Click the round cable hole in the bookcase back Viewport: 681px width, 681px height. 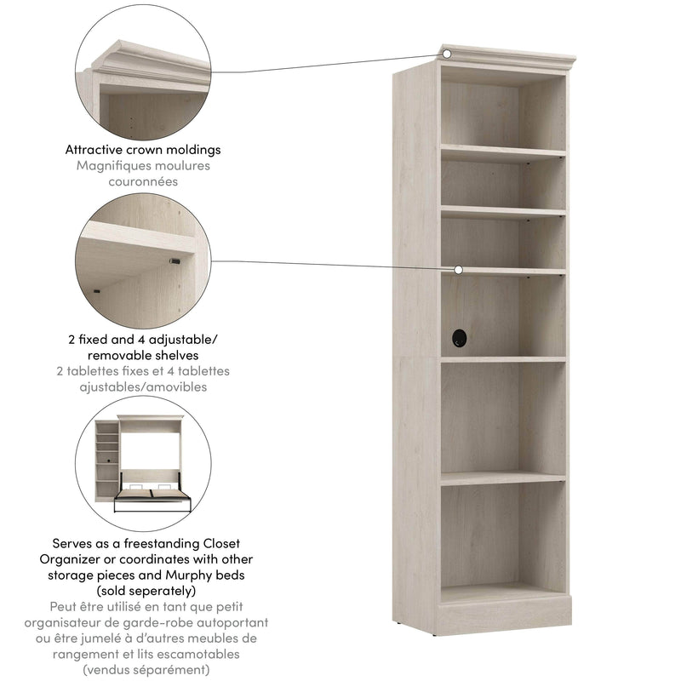pos(460,338)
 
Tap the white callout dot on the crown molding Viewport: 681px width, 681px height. pos(445,53)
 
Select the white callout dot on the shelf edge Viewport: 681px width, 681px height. pos(458,269)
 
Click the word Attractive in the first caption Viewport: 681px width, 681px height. pos(97,150)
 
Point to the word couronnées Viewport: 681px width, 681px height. pos(142,181)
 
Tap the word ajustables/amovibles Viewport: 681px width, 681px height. pos(142,386)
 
